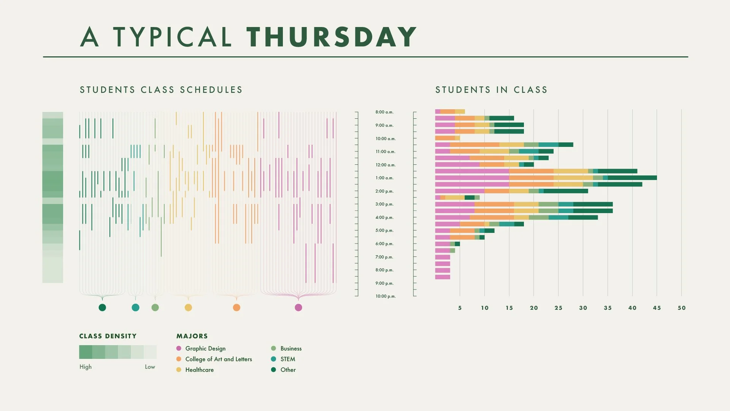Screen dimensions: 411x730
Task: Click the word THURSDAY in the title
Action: tap(331, 37)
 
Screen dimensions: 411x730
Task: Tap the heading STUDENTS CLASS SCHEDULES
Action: tap(161, 90)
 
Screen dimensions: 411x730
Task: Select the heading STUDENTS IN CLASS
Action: tap(491, 90)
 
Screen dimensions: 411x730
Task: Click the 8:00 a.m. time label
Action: tap(384, 112)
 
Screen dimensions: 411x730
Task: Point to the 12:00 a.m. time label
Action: tap(386, 165)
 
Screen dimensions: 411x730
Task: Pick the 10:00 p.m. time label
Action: tap(386, 296)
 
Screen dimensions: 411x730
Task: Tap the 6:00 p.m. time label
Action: tap(384, 244)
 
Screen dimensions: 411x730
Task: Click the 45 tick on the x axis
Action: tap(657, 308)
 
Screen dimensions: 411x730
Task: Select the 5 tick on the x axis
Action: tap(460, 308)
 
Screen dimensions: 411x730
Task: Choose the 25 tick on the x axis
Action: tap(558, 308)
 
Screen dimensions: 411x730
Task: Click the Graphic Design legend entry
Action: tap(205, 349)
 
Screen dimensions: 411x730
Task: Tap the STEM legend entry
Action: tap(287, 359)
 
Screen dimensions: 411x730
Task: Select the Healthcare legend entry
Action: tap(199, 370)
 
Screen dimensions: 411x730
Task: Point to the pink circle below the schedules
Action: tap(298, 307)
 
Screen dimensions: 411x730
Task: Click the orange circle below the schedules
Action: tap(236, 307)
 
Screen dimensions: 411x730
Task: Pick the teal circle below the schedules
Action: tap(135, 307)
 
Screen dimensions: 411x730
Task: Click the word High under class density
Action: tap(86, 367)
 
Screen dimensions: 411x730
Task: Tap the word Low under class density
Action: tap(150, 367)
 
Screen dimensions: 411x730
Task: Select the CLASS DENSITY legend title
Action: tap(108, 336)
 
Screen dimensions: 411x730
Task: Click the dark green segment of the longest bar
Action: tap(632, 178)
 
